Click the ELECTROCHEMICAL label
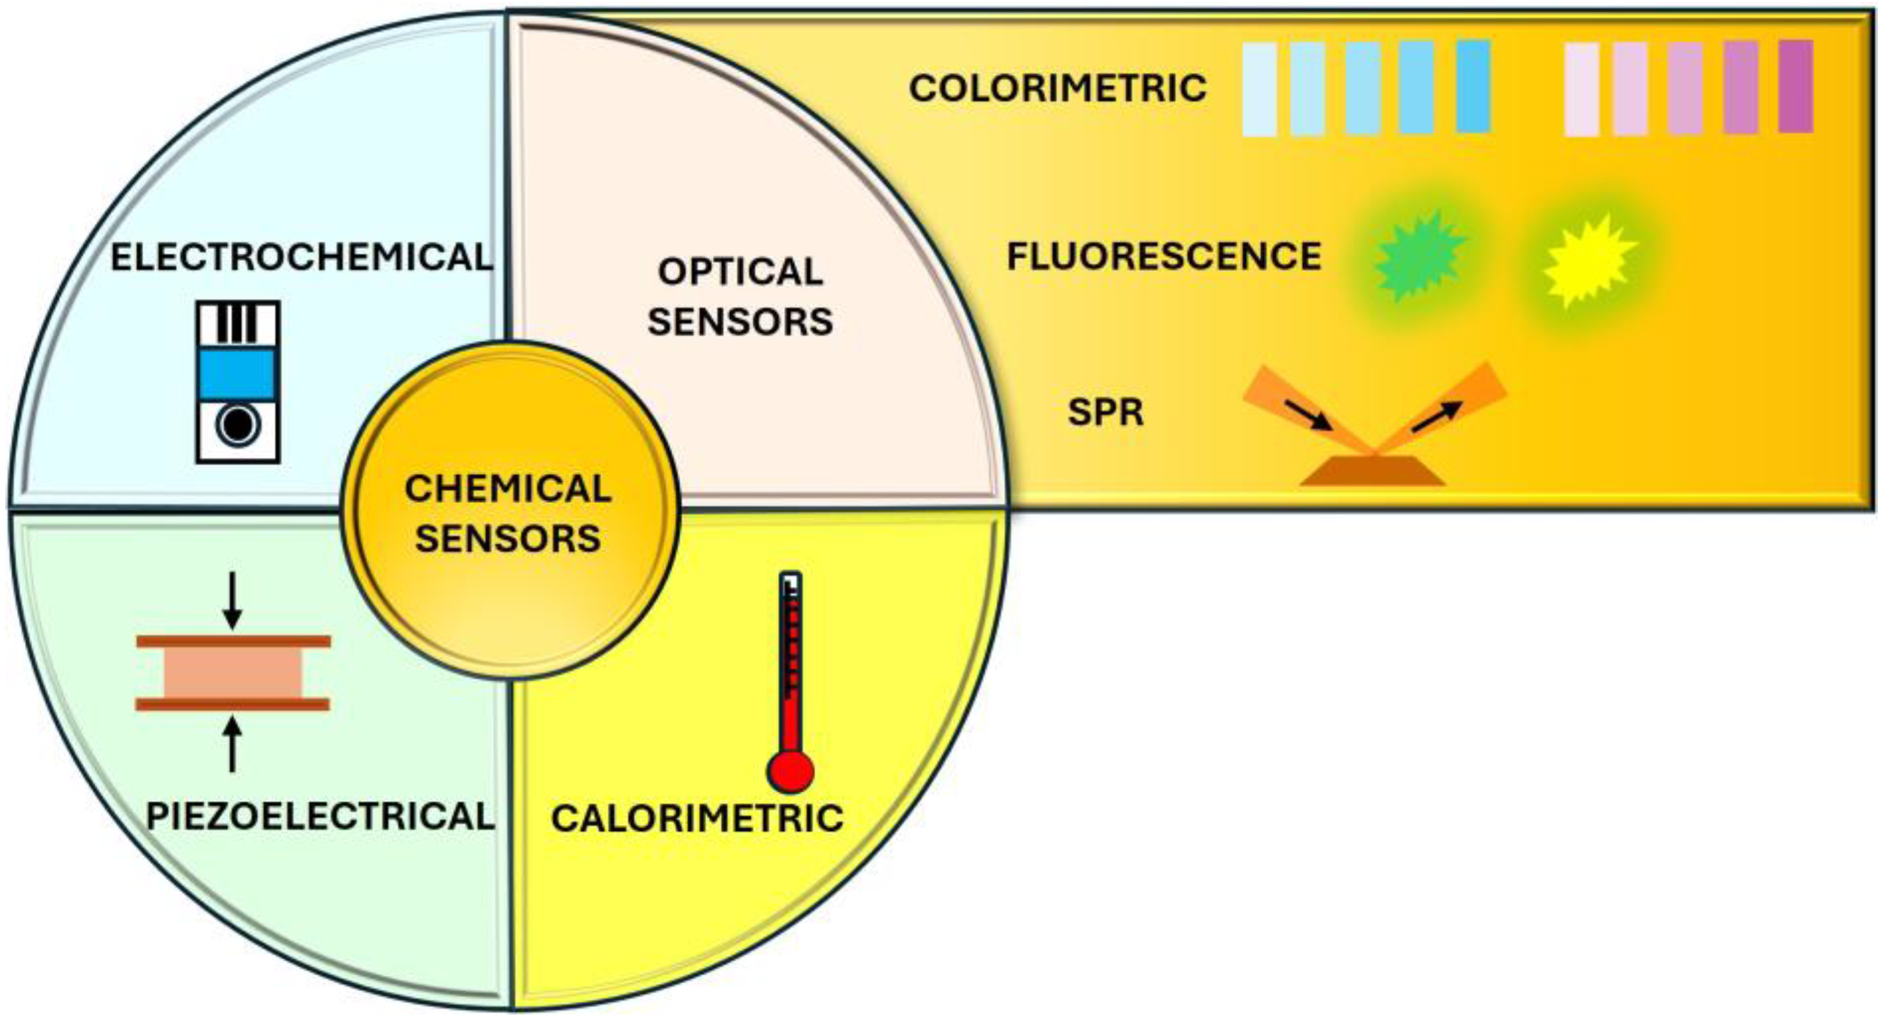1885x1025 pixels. pyautogui.click(x=302, y=257)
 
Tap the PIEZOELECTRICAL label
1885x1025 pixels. pyautogui.click(x=319, y=816)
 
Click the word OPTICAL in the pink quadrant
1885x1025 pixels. pyautogui.click(x=741, y=272)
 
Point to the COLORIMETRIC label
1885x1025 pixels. pyautogui.click(x=1057, y=88)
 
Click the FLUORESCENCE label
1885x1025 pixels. pyautogui.click(x=1164, y=257)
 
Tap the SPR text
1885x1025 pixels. pyautogui.click(x=1105, y=413)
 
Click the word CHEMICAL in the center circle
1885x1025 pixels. pyautogui.click(x=508, y=488)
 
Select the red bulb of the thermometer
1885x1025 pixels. pyautogui.click(x=790, y=771)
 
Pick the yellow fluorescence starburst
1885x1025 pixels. pyautogui.click(x=1588, y=260)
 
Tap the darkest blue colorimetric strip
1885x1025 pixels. pyautogui.click(x=1473, y=86)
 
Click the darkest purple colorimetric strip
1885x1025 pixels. pyautogui.click(x=1795, y=86)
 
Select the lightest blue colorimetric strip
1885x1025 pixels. pyautogui.click(x=1259, y=89)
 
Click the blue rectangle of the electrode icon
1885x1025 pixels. pyautogui.click(x=238, y=374)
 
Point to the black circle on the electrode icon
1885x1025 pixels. pyautogui.click(x=237, y=424)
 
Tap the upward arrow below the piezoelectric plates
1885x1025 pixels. pyautogui.click(x=232, y=744)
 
